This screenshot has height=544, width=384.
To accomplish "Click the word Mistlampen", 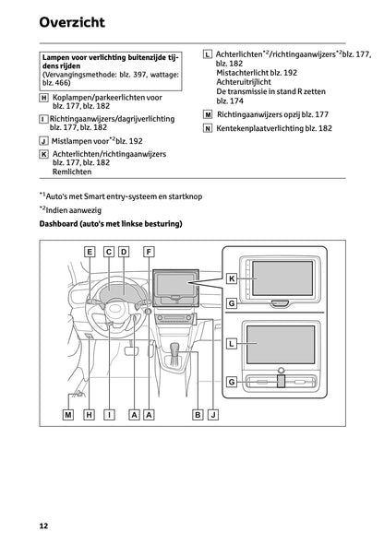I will [75, 140].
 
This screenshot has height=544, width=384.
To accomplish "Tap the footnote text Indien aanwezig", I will [78, 210].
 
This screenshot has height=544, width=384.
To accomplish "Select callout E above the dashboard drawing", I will [90, 252].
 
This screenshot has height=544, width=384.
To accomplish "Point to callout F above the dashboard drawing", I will [149, 252].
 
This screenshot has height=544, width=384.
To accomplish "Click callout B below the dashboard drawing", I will [198, 415].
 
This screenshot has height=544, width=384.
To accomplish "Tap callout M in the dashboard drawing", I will [68, 415].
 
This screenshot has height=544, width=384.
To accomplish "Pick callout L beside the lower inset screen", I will [232, 343].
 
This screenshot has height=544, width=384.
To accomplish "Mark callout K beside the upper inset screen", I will [232, 278].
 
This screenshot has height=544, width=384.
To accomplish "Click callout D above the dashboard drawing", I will [124, 252].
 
